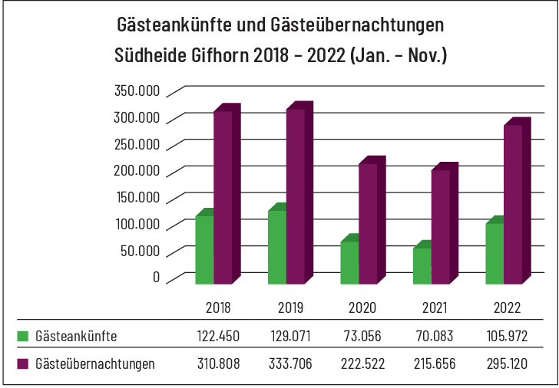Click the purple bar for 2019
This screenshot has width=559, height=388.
[296, 196]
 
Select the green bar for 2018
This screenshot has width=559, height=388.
[204, 249]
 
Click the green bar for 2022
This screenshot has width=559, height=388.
[495, 253]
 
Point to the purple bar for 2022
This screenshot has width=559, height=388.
[513, 204]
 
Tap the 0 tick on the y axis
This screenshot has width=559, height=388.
[156, 276]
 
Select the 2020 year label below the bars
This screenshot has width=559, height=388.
[362, 308]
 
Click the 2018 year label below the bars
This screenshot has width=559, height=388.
[218, 308]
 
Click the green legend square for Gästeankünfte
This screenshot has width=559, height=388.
[22, 336]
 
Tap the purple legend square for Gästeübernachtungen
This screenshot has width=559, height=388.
[22, 363]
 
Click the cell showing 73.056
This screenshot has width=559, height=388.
[362, 337]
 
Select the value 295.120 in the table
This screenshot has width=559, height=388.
[507, 363]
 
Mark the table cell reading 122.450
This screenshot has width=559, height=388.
[218, 337]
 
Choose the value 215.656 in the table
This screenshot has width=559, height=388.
[435, 363]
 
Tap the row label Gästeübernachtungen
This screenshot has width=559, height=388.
[95, 363]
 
